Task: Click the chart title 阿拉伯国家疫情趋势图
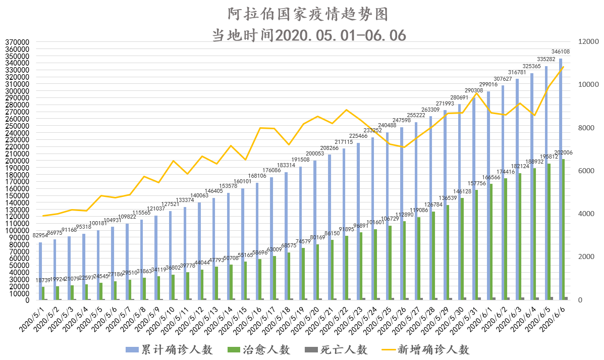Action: coord(308,14)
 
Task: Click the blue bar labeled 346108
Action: coord(560,179)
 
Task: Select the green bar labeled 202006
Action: coord(564,230)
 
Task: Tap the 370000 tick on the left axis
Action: coord(17,42)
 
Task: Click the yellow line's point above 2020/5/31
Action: coord(476,93)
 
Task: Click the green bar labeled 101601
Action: coord(375,265)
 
